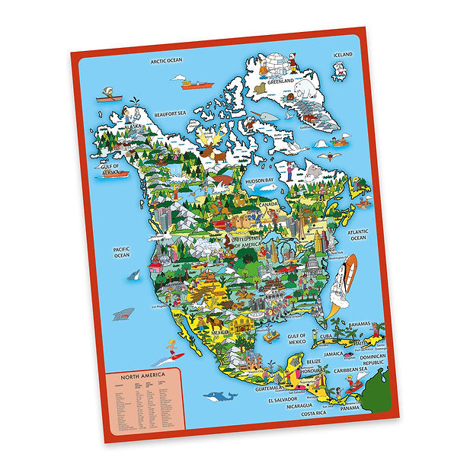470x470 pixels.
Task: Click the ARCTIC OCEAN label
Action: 167,61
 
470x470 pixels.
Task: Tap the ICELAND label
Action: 343,55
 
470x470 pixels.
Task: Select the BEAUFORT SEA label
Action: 169,114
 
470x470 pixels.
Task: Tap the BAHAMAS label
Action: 360,323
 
